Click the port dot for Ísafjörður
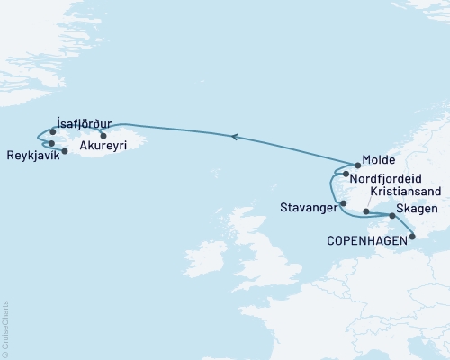point(53,132)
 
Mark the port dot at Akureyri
point(103,136)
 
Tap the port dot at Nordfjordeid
point(346,173)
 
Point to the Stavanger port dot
point(343,203)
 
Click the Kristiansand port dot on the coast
point(366,211)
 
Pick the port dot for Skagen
point(391,216)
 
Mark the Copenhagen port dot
point(411,238)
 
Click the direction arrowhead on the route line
point(235,137)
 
